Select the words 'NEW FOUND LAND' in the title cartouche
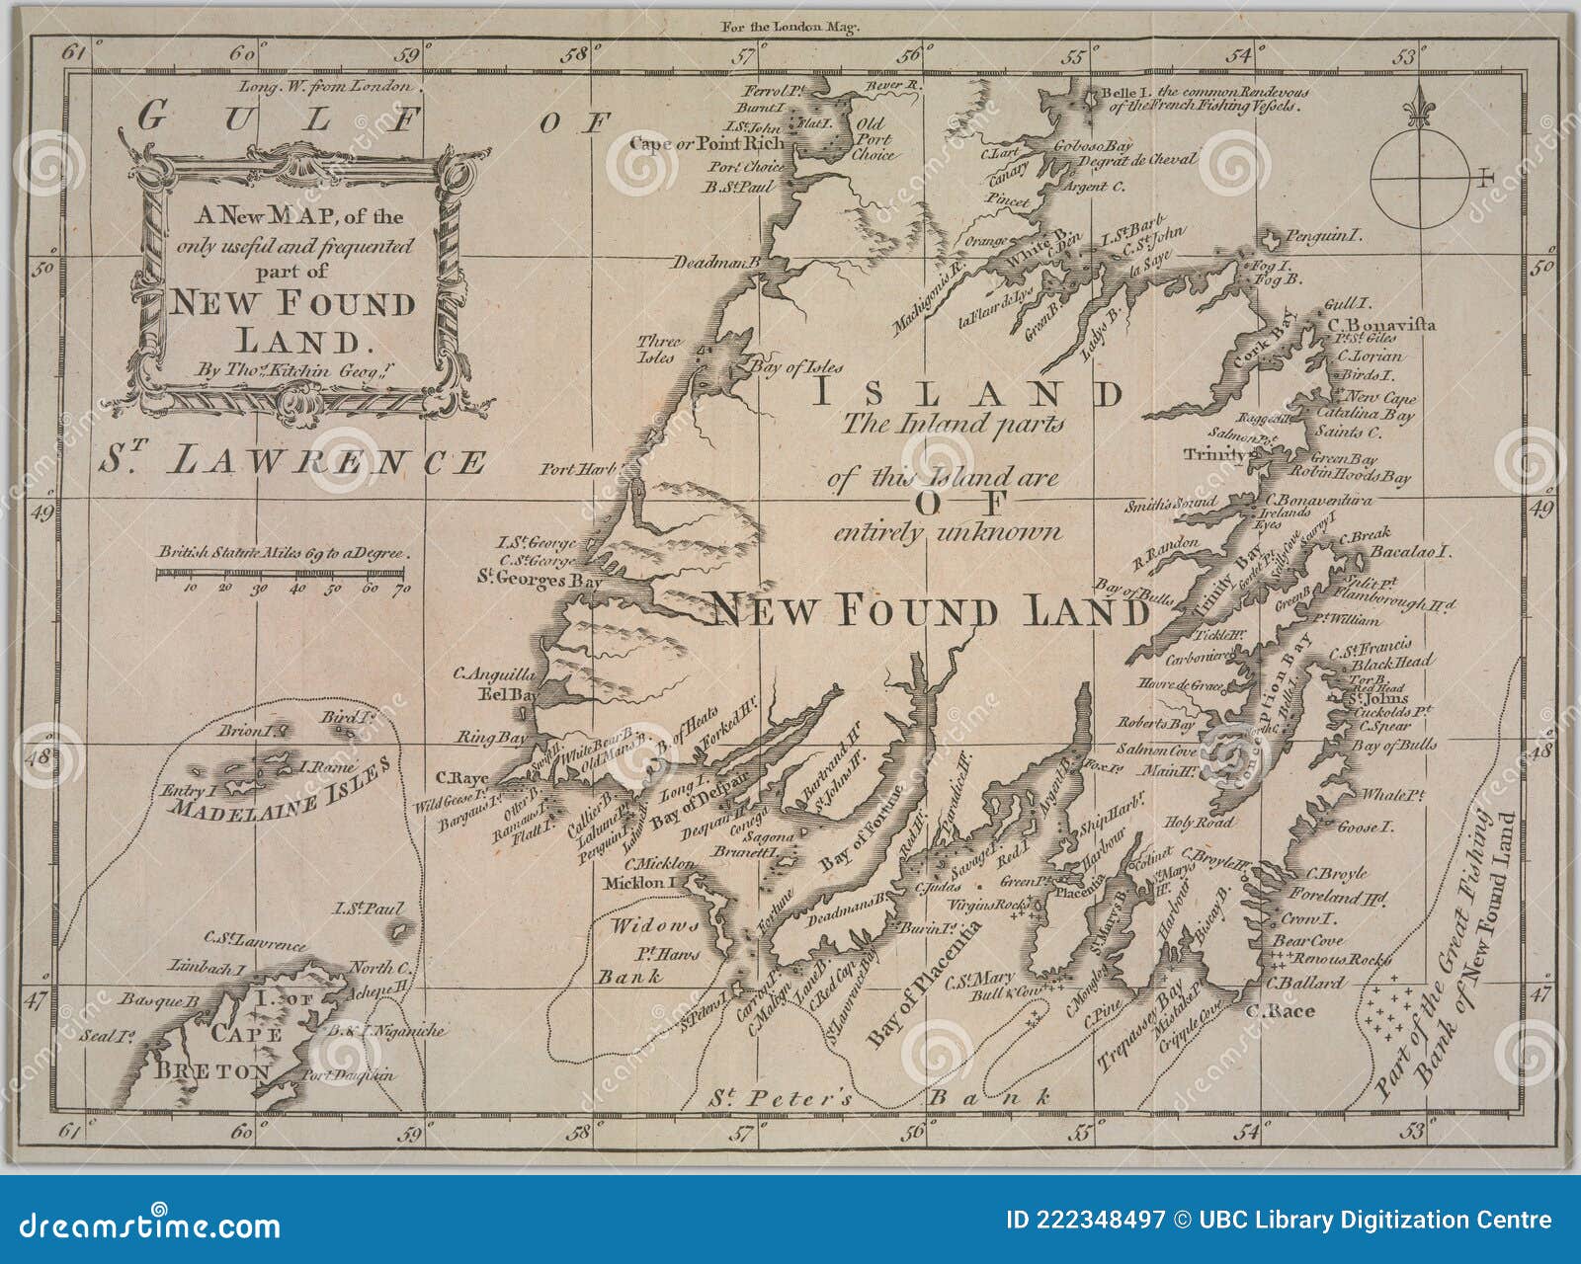292,320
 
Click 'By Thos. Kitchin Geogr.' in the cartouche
282,371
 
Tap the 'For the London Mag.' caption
790,27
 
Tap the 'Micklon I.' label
639,883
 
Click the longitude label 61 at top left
73,52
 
